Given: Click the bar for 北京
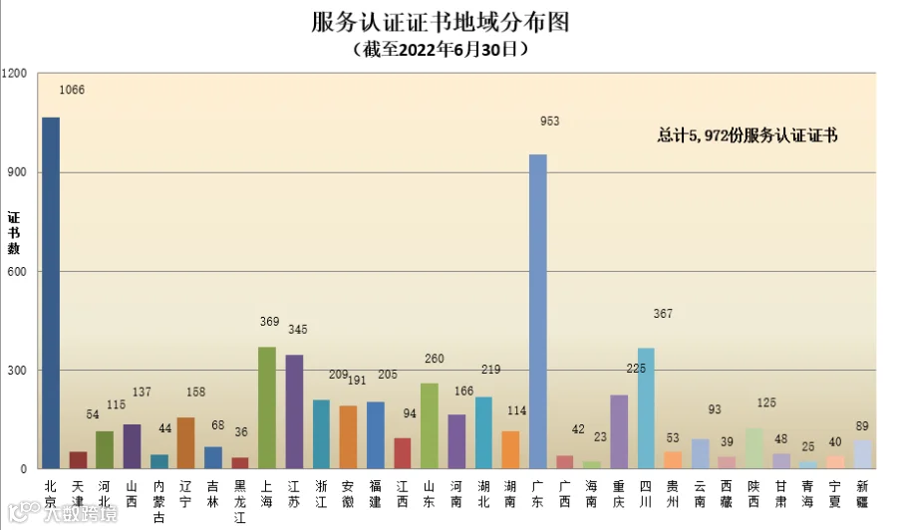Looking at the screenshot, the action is click(51, 293).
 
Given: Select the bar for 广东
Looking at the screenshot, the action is click(538, 312).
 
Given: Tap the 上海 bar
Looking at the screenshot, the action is click(267, 407).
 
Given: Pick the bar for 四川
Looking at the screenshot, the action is click(646, 408).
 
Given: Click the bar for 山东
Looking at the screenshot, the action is click(430, 426).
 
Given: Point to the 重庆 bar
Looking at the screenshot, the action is click(619, 431).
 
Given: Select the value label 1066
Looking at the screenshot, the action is click(72, 90).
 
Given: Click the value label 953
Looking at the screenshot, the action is click(550, 122).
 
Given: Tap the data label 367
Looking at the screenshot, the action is click(663, 313).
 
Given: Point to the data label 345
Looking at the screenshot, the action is click(297, 330).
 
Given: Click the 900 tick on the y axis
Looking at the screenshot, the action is click(17, 172).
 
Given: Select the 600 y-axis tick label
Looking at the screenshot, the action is click(17, 272).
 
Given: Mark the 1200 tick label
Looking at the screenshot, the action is click(14, 73).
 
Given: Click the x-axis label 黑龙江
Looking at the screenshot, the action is click(239, 501).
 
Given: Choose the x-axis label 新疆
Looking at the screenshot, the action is click(862, 494).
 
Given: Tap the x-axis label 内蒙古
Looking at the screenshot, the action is click(158, 501).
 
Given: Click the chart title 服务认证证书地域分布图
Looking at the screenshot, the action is click(441, 22).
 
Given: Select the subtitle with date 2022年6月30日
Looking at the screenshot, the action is click(441, 49).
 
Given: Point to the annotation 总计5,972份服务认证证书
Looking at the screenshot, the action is click(747, 135).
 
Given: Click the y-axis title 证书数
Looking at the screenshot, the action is click(14, 233).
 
